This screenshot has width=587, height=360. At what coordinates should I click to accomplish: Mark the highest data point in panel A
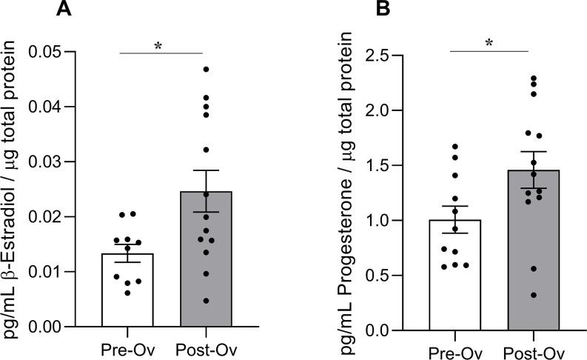click(x=207, y=70)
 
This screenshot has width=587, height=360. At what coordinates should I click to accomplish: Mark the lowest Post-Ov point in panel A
click(x=207, y=301)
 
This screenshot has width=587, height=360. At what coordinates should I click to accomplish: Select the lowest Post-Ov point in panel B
click(x=534, y=296)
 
